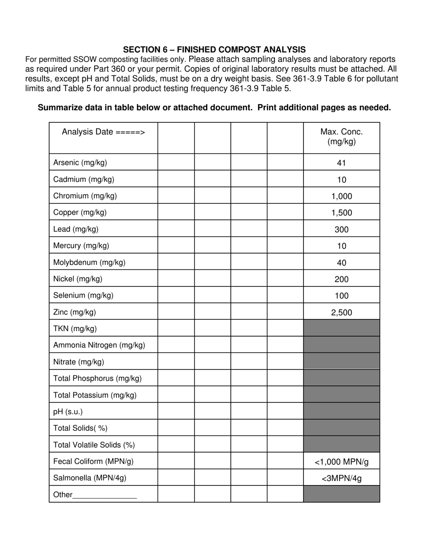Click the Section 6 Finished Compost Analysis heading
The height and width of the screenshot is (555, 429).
(214, 50)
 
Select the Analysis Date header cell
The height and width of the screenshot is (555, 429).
(103, 132)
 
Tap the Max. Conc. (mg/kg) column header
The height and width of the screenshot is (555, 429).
(341, 137)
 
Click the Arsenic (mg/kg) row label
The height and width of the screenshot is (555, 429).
(80, 162)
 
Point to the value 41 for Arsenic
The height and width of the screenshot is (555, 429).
(341, 163)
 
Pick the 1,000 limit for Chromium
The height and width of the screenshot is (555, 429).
(341, 196)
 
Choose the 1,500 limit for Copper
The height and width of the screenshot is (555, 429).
(341, 213)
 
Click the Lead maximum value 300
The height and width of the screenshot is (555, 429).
(341, 230)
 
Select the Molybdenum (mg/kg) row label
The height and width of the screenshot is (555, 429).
(89, 262)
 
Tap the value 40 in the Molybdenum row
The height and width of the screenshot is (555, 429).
(341, 263)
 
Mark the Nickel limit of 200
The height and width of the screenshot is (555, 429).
(341, 279)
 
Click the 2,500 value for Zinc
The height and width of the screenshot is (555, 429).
(341, 313)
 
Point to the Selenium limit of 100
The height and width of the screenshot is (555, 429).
(341, 296)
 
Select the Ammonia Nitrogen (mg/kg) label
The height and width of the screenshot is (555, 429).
(99, 345)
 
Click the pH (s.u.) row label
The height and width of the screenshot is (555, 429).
(68, 412)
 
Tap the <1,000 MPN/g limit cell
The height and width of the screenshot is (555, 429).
(341, 462)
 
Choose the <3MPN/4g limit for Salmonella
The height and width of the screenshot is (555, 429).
(341, 478)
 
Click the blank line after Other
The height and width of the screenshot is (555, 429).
(104, 495)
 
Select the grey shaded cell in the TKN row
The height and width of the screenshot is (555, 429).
(341, 328)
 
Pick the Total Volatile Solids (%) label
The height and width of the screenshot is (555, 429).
(94, 445)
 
